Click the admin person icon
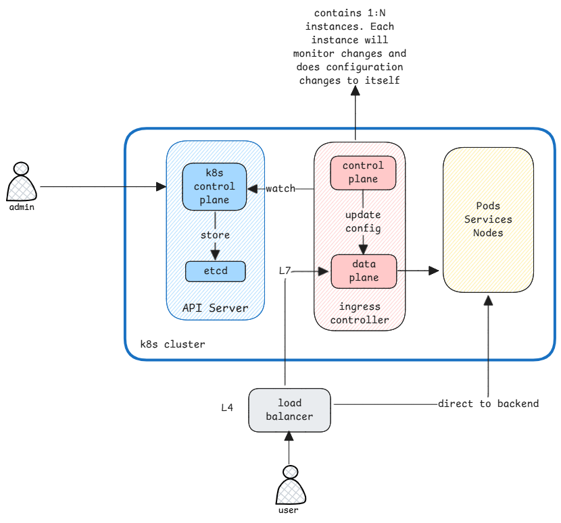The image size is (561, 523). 22,182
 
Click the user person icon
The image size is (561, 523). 289,485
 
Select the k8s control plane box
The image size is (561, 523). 215,187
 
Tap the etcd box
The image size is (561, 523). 216,271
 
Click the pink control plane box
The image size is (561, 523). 362,173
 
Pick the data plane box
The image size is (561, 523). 363,270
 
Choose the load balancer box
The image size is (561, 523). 289,410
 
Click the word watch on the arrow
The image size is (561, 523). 280,189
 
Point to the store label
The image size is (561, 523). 215,236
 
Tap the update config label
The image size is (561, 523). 363,222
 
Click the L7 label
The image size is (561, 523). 285,271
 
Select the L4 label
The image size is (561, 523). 227,408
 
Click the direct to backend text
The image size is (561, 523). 488,404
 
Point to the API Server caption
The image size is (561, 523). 215,308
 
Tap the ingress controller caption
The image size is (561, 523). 360,314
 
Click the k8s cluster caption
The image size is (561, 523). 172,344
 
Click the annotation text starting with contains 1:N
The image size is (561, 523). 349,47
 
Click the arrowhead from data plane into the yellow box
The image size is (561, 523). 435,271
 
